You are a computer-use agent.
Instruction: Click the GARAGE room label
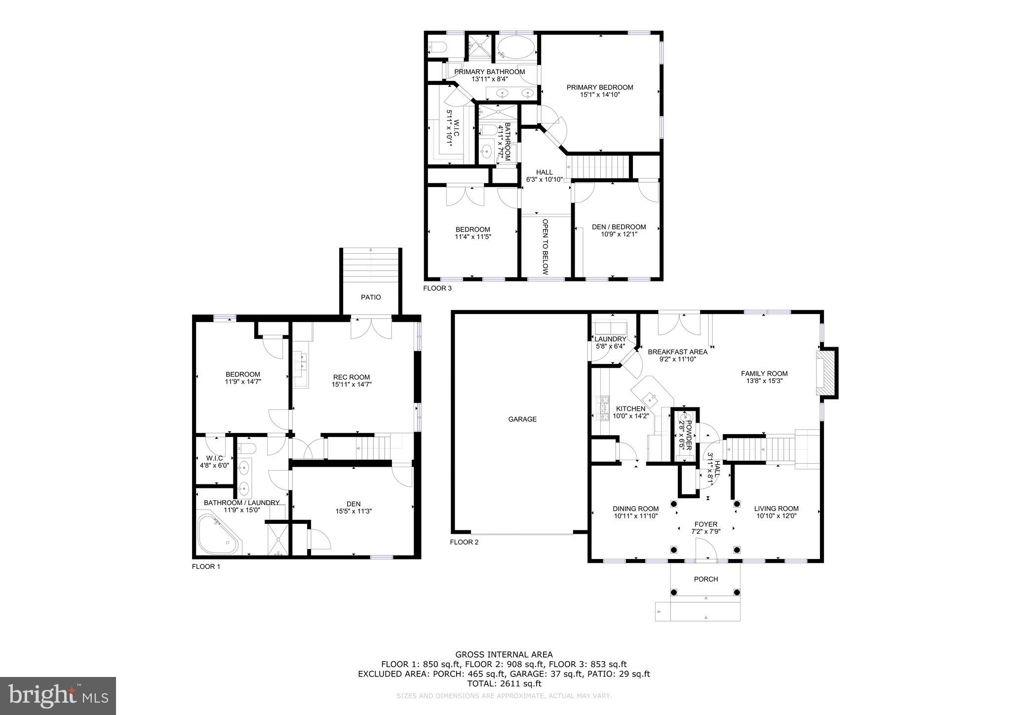coord(522,419)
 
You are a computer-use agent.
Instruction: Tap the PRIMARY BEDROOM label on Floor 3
coord(599,87)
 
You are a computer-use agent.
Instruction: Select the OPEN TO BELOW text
coord(545,246)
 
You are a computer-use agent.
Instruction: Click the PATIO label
coord(371,297)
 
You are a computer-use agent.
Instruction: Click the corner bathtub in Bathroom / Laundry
coord(217,535)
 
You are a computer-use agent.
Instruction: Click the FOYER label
coord(705,524)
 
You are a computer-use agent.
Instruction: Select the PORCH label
coord(705,579)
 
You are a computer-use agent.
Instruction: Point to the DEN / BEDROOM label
coord(619,227)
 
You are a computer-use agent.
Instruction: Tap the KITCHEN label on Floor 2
coord(630,409)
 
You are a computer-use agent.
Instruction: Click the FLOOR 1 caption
coord(206,566)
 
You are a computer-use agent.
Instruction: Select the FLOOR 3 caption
coord(437,288)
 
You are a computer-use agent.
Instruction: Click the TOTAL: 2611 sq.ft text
coord(504,683)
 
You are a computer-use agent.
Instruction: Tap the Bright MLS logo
coord(58,696)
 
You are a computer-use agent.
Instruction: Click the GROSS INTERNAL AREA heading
coord(504,655)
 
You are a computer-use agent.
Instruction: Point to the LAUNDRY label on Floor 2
coord(610,339)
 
